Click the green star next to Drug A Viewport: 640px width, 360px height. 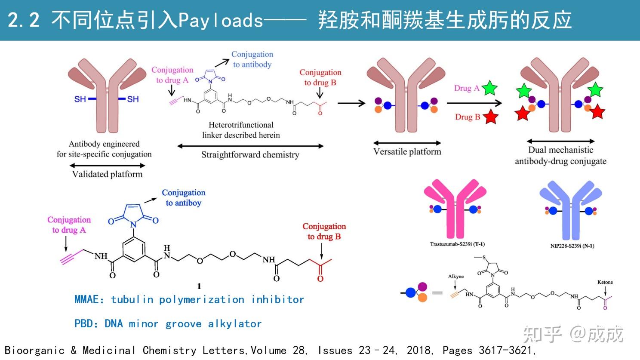click(489, 88)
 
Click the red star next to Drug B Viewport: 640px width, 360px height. click(491, 117)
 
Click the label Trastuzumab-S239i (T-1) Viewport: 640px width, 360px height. click(457, 244)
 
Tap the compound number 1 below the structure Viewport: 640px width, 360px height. click(199, 286)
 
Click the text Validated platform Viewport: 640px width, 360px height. click(107, 174)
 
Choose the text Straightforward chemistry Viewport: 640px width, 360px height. click(250, 155)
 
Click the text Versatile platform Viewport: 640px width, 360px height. click(407, 151)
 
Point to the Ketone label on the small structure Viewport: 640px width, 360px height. click(605, 282)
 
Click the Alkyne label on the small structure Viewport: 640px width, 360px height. click(455, 276)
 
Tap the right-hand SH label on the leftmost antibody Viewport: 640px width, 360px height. click(132, 99)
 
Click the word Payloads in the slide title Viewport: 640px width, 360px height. click(220, 20)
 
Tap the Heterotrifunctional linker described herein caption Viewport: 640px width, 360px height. click(241, 130)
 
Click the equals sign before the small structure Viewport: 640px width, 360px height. click(437, 293)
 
